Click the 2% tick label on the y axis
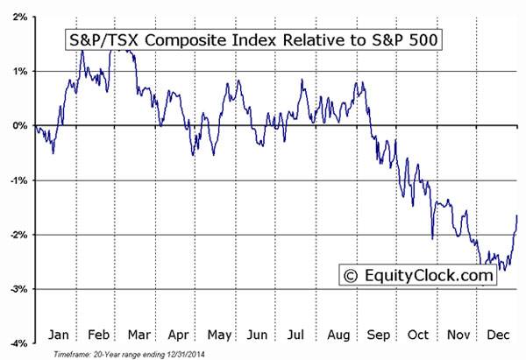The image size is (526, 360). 18,16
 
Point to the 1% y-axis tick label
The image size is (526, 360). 18,71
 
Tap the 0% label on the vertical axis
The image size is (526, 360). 18,125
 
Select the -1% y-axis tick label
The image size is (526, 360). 16,180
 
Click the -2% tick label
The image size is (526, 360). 16,235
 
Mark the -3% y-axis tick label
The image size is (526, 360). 16,289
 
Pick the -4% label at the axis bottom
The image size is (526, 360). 16,343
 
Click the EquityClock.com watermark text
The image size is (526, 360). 429,277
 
